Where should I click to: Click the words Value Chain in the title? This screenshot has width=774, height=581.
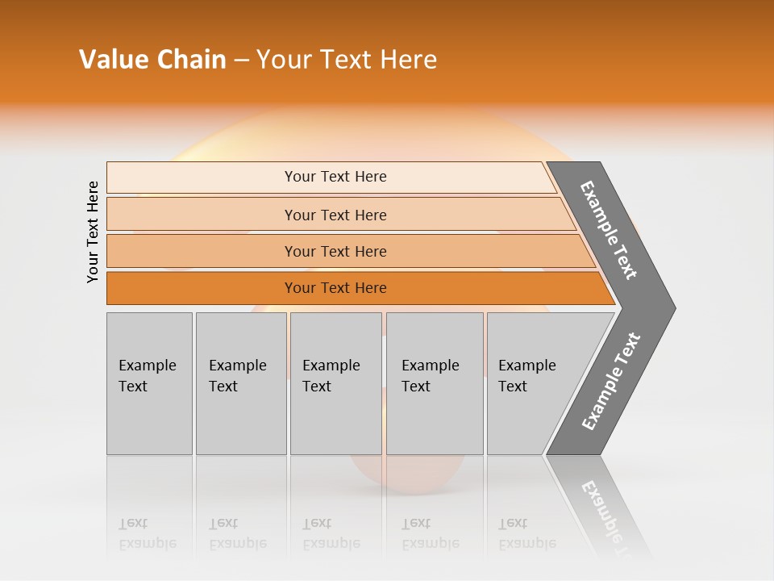pos(152,60)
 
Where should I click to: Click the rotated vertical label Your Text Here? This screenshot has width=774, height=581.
pos(93,232)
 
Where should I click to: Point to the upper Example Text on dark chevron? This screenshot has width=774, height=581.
pos(609,230)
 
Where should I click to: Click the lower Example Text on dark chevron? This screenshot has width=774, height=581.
pos(611,381)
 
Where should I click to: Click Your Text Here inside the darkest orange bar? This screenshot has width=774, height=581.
pos(335,288)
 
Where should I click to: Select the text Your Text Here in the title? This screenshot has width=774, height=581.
pos(347,60)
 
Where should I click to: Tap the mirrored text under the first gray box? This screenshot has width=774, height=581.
pos(148,533)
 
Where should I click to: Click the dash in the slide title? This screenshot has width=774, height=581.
pos(241,61)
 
